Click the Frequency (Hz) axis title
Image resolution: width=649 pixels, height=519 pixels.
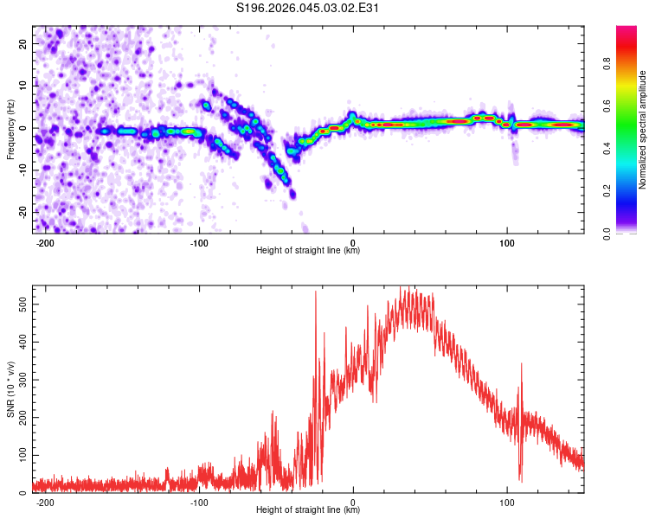[10, 128]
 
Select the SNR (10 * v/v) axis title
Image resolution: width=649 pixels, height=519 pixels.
[10, 388]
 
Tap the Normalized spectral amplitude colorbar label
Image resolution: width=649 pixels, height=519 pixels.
[642, 130]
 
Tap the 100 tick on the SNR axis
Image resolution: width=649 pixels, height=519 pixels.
[19, 454]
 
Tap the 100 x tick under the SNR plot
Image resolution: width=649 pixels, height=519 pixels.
[507, 501]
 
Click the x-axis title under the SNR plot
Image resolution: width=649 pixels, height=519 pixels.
[308, 510]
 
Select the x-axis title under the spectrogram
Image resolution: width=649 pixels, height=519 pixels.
[308, 251]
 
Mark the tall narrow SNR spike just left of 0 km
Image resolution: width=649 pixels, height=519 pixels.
[315, 294]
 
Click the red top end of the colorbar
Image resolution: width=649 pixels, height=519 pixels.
[627, 31]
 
